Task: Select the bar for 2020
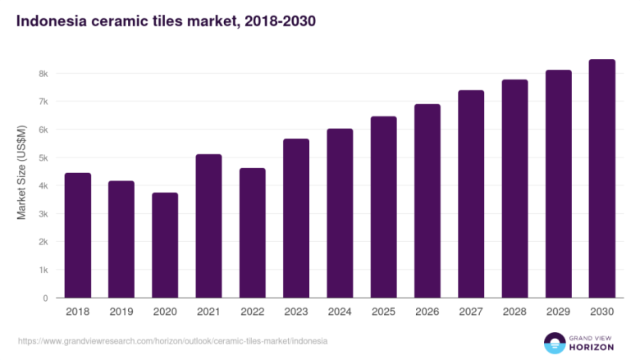[164, 245]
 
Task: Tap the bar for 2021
[208, 226]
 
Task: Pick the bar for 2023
[295, 218]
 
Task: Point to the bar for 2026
[427, 201]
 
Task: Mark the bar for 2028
[514, 189]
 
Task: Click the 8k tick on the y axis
[43, 74]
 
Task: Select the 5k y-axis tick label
[43, 157]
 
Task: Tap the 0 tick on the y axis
[46, 298]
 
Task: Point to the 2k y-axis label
[43, 242]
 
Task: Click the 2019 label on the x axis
[121, 312]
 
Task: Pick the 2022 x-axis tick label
[252, 312]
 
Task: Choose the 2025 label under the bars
[383, 312]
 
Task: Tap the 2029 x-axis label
[558, 312]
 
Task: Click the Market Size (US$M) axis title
[22, 172]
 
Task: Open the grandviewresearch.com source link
[171, 340]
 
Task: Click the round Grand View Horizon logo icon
[555, 343]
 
